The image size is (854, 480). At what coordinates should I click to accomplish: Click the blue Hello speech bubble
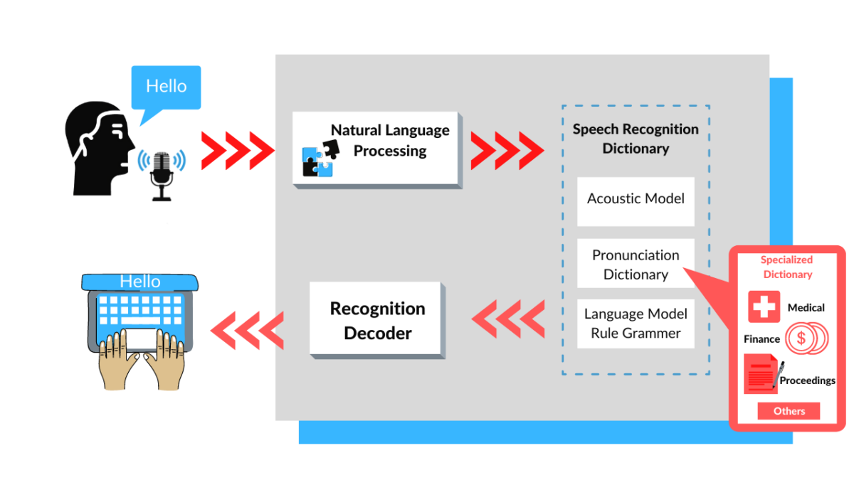166,87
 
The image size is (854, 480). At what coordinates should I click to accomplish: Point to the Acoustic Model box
636,199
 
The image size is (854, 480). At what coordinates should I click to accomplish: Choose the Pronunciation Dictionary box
636,264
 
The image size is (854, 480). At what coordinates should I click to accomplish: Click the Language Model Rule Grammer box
636,324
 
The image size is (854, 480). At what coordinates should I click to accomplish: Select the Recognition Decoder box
376,319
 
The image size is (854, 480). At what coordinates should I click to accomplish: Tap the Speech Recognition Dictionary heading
636,139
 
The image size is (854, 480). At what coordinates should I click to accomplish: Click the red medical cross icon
764,307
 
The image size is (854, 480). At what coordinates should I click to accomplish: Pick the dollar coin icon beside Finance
805,338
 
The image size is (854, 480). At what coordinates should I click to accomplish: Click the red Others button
789,411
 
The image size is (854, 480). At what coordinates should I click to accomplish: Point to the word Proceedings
807,380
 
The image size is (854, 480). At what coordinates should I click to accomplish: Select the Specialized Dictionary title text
787,267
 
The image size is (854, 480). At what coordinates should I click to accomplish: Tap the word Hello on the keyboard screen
140,282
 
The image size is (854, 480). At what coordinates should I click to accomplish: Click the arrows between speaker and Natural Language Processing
237,151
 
